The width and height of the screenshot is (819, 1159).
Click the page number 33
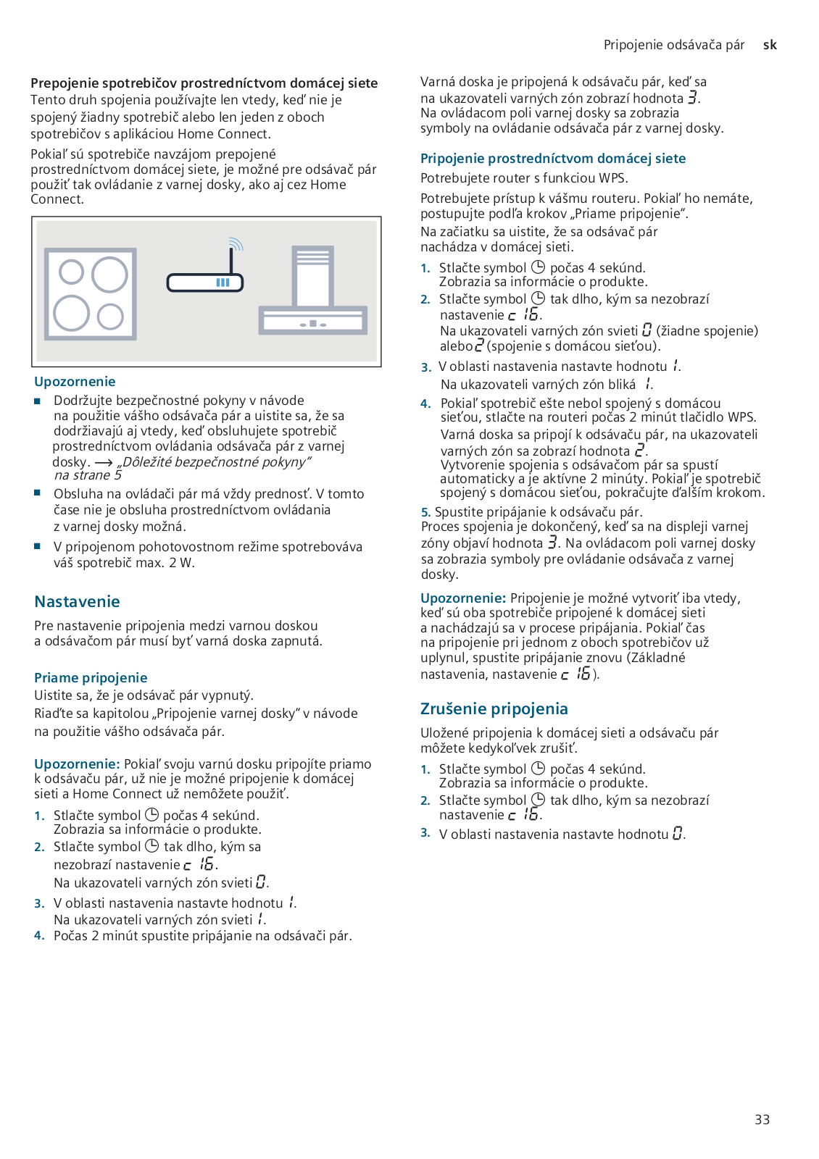[x=762, y=1119]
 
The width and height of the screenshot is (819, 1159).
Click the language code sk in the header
[x=770, y=45]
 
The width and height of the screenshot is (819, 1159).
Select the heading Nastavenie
[x=77, y=601]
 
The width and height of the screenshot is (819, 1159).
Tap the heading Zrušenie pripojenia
[x=494, y=708]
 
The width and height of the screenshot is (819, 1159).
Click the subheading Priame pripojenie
[x=91, y=678]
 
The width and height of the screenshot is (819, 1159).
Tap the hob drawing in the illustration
[x=91, y=293]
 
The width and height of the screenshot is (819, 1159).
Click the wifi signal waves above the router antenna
[x=236, y=243]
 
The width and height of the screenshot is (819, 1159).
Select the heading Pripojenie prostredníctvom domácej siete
[x=552, y=159]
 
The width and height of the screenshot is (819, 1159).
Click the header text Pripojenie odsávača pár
[x=673, y=45]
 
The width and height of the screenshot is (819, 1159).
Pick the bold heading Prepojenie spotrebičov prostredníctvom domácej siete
[x=204, y=83]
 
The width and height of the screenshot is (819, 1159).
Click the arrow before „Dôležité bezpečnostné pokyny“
[x=104, y=463]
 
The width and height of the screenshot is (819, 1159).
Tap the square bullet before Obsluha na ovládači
[x=38, y=493]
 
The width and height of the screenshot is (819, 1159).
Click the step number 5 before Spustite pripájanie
[x=425, y=512]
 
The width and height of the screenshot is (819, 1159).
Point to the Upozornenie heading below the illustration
[x=75, y=382]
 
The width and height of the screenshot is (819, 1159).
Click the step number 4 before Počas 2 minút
[x=39, y=936]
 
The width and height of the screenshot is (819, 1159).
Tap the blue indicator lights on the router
[x=223, y=283]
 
